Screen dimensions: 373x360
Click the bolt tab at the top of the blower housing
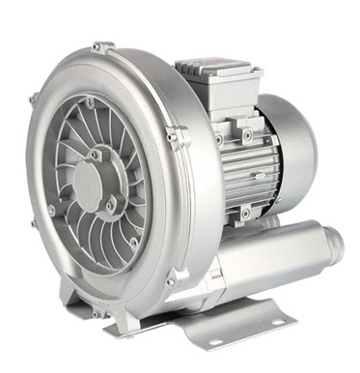point(105,48)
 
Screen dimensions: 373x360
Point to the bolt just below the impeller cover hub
point(109,206)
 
